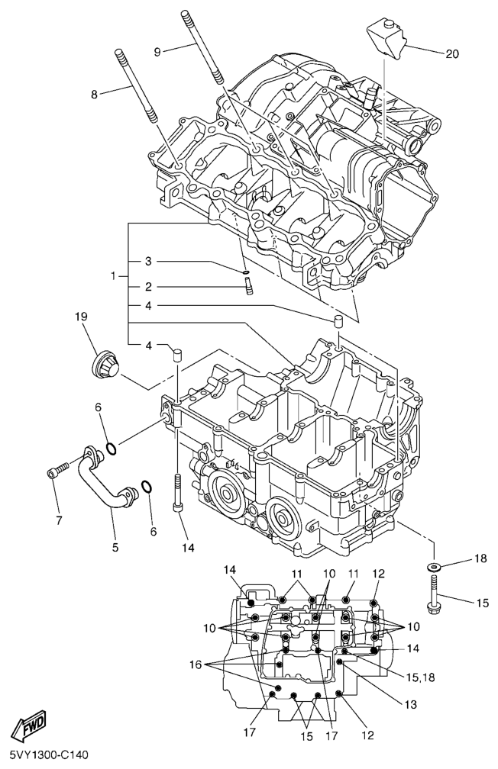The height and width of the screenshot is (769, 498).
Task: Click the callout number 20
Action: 452,54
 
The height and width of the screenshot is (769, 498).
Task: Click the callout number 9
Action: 157,52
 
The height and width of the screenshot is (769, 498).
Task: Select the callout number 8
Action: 94,95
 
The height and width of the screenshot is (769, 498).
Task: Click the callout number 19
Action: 81,317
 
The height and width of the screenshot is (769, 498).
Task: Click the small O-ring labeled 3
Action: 246,272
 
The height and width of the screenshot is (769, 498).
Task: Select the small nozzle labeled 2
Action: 248,286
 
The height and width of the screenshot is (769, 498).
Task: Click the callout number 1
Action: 114,276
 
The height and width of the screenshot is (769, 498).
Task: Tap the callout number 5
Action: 115,547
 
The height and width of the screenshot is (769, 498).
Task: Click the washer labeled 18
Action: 434,568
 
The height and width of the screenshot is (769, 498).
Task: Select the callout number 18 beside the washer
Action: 480,558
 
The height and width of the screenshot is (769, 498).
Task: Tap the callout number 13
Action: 411,705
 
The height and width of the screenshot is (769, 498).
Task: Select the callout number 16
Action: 195,664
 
